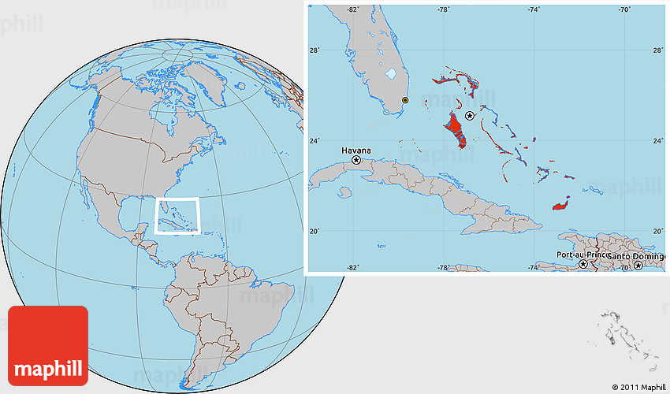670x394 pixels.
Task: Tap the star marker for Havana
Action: [x=356, y=160]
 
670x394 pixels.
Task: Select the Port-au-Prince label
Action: [x=582, y=255]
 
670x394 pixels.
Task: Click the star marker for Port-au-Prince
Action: [x=583, y=265]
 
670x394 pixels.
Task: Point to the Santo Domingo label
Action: [x=637, y=255]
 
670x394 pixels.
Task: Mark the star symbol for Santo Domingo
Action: [x=638, y=266]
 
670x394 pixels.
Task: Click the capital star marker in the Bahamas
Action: [x=470, y=116]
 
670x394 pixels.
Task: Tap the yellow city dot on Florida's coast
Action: [x=405, y=100]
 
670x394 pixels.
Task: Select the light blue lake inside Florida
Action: [x=391, y=75]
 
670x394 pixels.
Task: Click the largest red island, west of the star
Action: [x=455, y=129]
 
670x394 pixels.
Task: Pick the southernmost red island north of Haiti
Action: [x=562, y=204]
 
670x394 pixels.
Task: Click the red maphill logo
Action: [x=48, y=345]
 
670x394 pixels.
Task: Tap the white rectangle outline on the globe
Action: [x=177, y=215]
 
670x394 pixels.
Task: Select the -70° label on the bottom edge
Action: [x=623, y=268]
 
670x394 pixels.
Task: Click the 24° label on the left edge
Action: [x=314, y=141]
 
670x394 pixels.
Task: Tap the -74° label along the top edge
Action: [x=534, y=9]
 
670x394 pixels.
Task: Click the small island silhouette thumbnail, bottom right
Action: [x=627, y=339]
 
